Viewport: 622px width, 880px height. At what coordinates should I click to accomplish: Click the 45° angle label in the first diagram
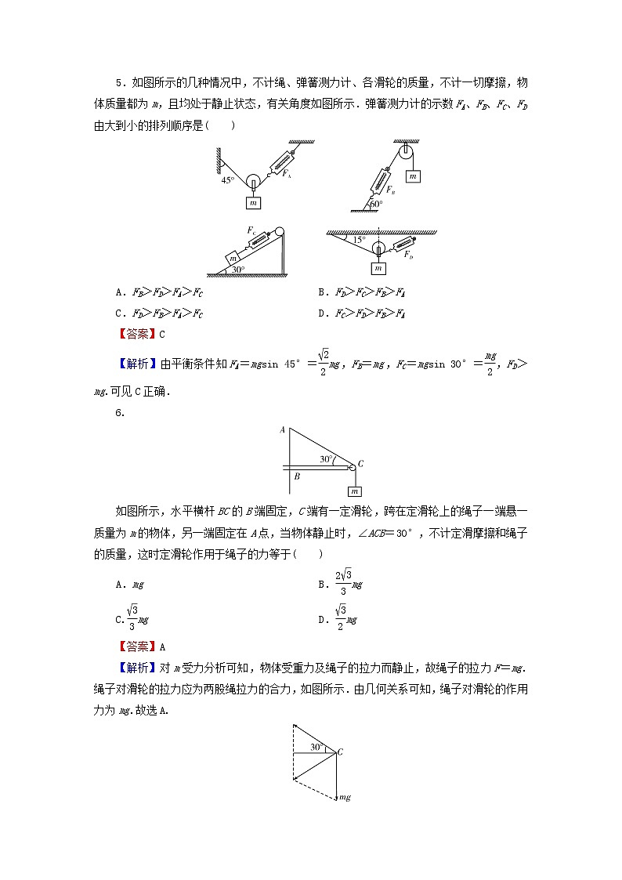[227, 179]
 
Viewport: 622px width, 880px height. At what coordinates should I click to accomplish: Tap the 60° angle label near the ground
[376, 204]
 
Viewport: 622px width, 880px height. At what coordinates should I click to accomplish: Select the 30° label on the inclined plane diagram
[237, 270]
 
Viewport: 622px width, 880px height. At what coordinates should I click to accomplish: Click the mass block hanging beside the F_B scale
[413, 176]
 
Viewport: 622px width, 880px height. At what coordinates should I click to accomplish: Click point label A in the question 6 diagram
[282, 430]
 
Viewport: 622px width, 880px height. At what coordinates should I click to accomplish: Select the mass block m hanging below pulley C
[355, 491]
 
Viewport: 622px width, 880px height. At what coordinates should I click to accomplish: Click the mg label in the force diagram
[343, 798]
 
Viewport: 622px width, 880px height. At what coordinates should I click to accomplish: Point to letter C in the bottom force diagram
[340, 752]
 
